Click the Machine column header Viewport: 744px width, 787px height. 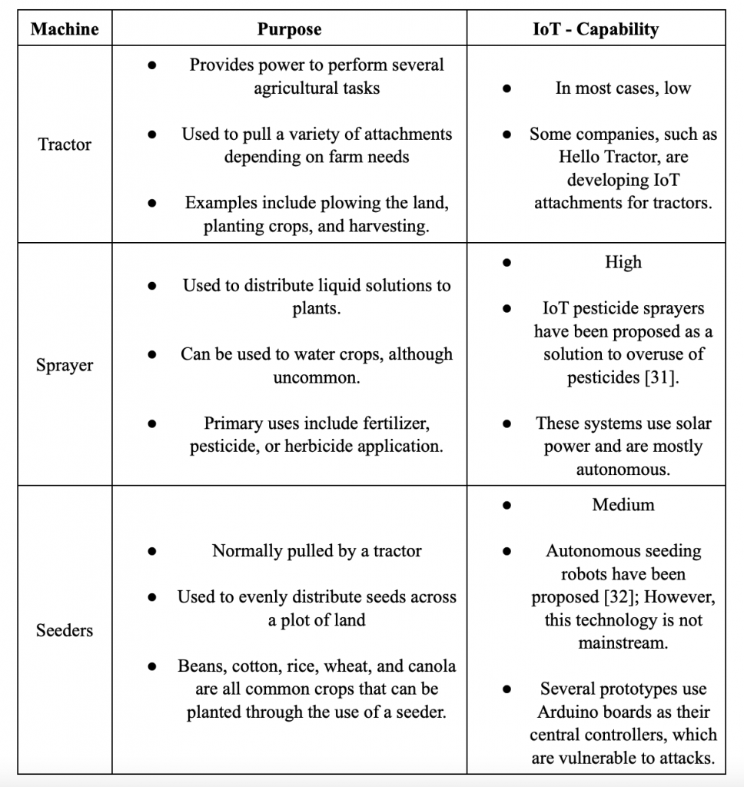(65, 29)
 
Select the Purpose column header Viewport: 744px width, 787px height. (289, 29)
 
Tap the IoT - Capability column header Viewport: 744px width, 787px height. (596, 29)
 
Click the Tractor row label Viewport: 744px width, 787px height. (65, 144)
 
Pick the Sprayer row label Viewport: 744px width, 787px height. (65, 365)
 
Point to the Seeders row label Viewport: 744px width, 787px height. (65, 630)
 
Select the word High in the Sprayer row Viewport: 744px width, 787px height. (623, 262)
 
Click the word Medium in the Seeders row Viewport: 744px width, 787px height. (623, 505)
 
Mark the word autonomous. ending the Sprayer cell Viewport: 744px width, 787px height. (623, 470)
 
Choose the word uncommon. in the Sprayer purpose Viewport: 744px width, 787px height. (317, 377)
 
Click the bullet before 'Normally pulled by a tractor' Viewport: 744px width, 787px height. (153, 551)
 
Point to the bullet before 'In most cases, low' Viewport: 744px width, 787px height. (507, 88)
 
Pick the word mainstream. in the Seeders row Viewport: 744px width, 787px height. (623, 643)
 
